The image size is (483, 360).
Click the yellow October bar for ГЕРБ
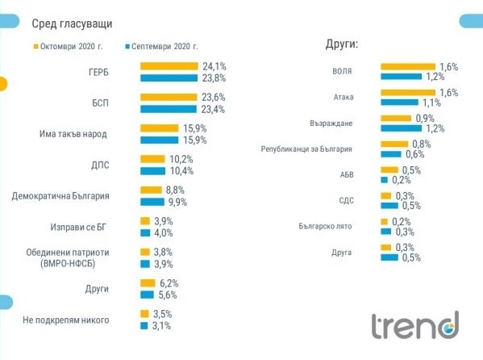pyautogui.click(x=169, y=66)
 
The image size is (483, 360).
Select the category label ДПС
pyautogui.click(x=119, y=165)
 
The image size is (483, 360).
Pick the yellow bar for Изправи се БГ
pyautogui.click(x=145, y=221)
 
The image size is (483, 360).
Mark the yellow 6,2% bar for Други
pyautogui.click(x=148, y=283)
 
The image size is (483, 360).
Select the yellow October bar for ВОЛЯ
pyautogui.click(x=407, y=66)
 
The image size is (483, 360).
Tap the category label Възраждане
pyautogui.click(x=353, y=123)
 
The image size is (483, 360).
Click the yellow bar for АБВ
pyautogui.click(x=389, y=170)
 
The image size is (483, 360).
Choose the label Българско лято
pyautogui.click(x=344, y=226)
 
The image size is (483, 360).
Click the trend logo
pyautogui.click(x=414, y=326)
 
